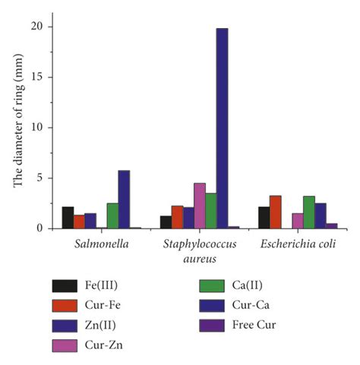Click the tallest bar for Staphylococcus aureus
222,128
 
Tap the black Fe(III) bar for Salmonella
68,217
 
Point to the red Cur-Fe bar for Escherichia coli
276,212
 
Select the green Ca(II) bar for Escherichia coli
309,212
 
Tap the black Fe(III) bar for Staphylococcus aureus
166,222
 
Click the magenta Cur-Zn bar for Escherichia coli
298,221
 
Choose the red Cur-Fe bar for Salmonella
79,222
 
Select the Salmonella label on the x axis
96,244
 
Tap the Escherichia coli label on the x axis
298,244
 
